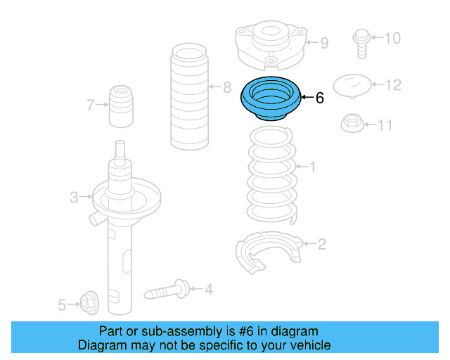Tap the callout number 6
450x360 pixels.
[320, 98]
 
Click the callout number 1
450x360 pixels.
[312, 167]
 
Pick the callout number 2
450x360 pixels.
[321, 245]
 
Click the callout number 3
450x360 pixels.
[74, 198]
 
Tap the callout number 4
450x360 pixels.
[208, 288]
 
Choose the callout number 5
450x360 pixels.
[62, 304]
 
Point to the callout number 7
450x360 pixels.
[90, 106]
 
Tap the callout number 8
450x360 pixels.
[226, 88]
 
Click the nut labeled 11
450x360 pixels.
[352, 124]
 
